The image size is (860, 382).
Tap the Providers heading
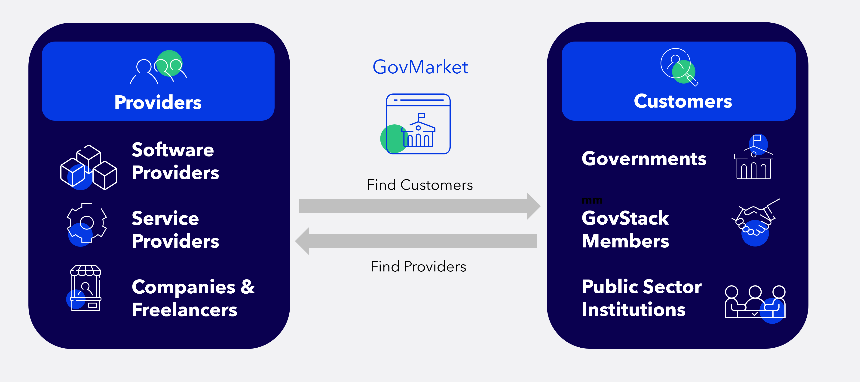[x=158, y=102]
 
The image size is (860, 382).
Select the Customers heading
[x=683, y=101]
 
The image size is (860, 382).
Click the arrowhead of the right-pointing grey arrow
[x=533, y=206]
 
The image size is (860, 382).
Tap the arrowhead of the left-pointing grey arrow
[x=302, y=241]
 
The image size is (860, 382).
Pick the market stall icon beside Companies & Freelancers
[x=85, y=288]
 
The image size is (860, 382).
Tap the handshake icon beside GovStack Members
[x=755, y=222]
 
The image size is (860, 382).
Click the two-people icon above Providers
[x=158, y=67]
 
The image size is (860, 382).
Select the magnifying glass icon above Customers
[x=679, y=67]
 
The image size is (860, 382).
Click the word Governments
[x=644, y=159]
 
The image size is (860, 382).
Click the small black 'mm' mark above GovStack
[x=592, y=201]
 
